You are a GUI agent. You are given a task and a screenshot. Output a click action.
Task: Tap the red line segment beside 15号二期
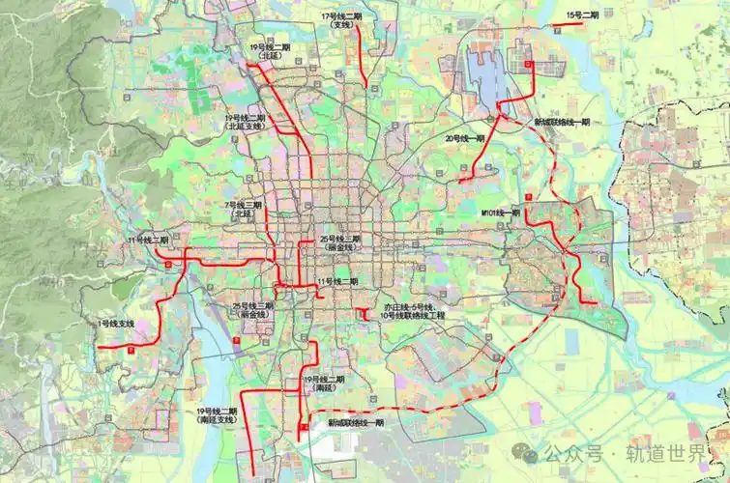click(x=573, y=25)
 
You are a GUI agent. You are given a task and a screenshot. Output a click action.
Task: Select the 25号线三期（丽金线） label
click(x=253, y=310)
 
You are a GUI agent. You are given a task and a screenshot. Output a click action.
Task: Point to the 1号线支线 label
click(x=115, y=323)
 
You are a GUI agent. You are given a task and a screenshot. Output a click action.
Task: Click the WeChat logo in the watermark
click(x=528, y=451)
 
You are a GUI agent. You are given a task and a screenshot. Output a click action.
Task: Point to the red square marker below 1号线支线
click(x=131, y=352)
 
